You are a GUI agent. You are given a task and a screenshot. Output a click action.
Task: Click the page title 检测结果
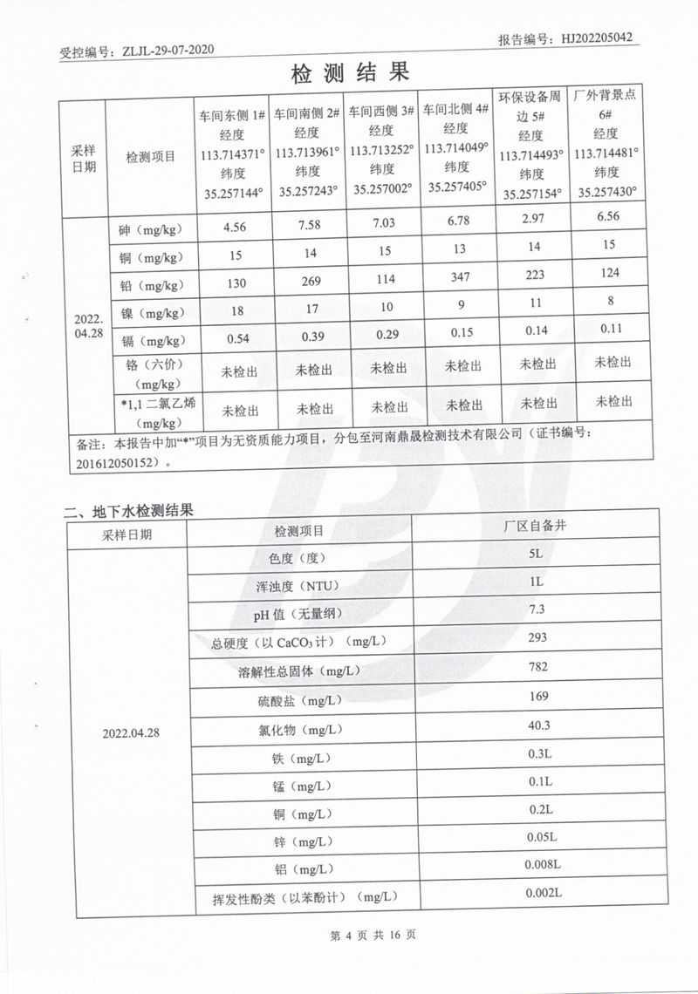click(x=350, y=73)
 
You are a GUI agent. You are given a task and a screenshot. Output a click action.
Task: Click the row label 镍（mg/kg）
click(x=150, y=312)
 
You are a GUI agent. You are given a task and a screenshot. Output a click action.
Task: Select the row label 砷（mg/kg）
click(x=150, y=231)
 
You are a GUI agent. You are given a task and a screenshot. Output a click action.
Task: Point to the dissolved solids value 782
click(x=537, y=667)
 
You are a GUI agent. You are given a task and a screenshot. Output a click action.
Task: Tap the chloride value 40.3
click(x=537, y=725)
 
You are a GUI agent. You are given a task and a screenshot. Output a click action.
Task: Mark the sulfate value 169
click(x=537, y=696)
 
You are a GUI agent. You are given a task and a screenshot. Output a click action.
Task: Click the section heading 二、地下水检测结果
click(x=128, y=512)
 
